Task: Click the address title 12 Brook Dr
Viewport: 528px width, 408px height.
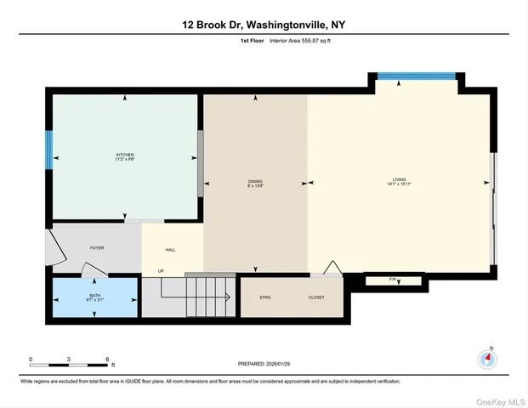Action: tap(264, 25)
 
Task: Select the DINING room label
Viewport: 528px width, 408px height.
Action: tap(255, 183)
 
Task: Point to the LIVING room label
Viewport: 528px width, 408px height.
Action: tap(400, 183)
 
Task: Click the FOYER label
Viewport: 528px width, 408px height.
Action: tap(97, 247)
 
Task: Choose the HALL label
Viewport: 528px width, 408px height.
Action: tap(170, 250)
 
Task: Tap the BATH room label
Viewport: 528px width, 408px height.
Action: tap(94, 297)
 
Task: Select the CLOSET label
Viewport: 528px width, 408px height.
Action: tap(316, 297)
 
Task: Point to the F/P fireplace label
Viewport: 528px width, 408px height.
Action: tap(393, 278)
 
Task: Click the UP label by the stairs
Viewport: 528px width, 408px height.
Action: tap(160, 271)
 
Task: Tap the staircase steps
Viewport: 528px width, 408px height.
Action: tap(207, 297)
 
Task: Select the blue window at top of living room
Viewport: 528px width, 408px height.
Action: tap(417, 76)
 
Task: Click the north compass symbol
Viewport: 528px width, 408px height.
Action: tap(487, 359)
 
